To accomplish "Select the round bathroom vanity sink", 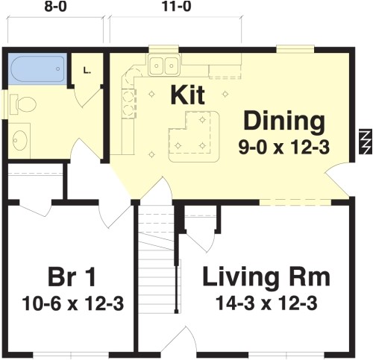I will (22, 139).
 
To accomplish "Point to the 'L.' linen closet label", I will (87, 71).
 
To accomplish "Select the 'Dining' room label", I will (284, 120).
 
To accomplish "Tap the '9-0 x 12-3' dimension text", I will (284, 146).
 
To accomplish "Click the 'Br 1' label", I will (72, 278).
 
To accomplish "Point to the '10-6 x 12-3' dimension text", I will (72, 304).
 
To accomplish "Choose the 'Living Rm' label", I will (266, 278).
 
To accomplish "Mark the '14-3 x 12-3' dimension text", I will (266, 304).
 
